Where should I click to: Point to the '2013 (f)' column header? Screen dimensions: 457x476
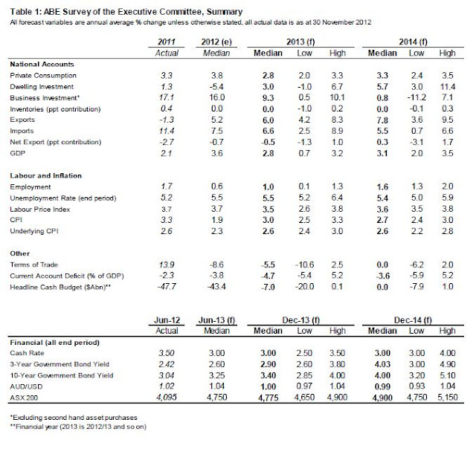click(x=309, y=45)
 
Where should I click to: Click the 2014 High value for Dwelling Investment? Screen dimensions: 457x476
click(x=448, y=85)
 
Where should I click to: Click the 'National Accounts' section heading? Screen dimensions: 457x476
click(x=44, y=64)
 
